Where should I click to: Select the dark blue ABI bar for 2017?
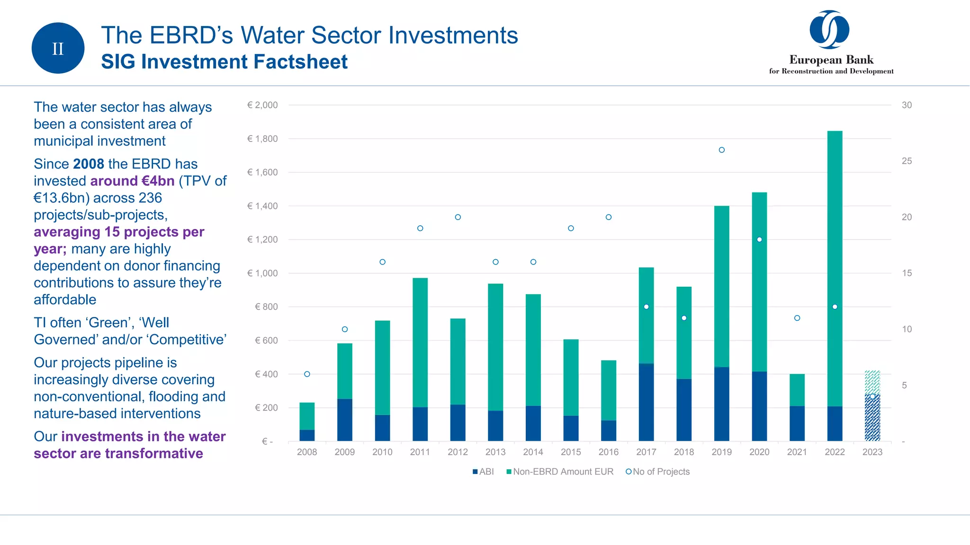[x=646, y=402]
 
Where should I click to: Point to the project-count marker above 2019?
[x=722, y=150]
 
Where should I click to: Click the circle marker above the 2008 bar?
[x=307, y=374]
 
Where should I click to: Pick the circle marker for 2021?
[x=797, y=318]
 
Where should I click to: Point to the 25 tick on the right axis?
[x=907, y=161]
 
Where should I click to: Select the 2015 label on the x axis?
[x=571, y=452]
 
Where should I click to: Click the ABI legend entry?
[x=483, y=472]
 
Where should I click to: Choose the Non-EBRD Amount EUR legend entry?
[x=560, y=472]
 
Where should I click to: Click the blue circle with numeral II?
[x=58, y=48]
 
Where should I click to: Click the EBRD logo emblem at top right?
[x=829, y=29]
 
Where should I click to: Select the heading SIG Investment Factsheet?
[x=224, y=62]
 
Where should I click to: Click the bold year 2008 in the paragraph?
[x=89, y=164]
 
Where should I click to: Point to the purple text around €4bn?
[x=132, y=181]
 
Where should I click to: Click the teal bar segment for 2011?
[x=420, y=341]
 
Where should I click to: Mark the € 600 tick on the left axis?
[x=266, y=340]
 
